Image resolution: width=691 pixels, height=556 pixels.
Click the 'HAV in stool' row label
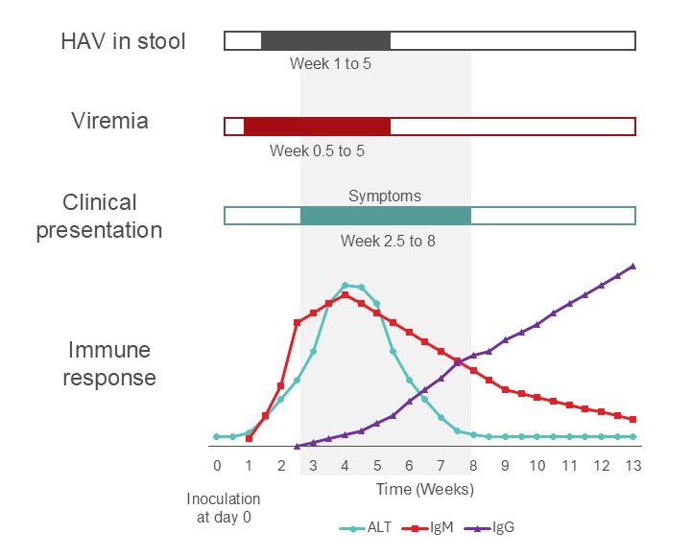(x=123, y=41)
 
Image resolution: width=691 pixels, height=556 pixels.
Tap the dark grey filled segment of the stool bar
(x=325, y=40)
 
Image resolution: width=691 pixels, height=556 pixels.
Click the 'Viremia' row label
(x=109, y=121)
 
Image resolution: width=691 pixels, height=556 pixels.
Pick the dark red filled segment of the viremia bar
(x=317, y=127)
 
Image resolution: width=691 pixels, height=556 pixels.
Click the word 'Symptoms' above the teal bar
(x=384, y=196)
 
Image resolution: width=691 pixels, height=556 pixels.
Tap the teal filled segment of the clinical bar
(x=385, y=216)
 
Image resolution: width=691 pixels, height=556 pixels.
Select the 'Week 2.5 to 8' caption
(x=388, y=240)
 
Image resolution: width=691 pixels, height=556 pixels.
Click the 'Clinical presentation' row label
(x=100, y=217)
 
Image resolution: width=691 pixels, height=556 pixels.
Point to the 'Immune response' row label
(x=109, y=364)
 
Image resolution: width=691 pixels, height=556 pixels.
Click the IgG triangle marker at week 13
(x=633, y=266)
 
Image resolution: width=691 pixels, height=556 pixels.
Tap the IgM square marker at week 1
(x=249, y=438)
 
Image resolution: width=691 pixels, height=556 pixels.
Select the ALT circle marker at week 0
(x=217, y=436)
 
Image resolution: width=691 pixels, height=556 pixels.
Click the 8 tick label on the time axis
(x=473, y=466)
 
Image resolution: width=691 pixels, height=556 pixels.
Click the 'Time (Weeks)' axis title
(x=425, y=489)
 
